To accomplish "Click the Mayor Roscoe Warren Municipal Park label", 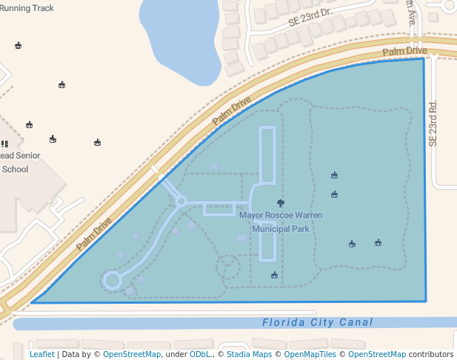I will (281, 221).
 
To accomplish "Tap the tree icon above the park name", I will (280, 202).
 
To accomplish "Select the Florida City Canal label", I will (318, 323).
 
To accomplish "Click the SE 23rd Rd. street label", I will (433, 123).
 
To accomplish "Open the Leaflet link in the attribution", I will (41, 354).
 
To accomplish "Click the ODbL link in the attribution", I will (201, 354).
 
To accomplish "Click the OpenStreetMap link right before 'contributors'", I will (377, 354).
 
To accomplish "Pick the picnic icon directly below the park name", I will (275, 276).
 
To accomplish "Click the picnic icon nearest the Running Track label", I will (18, 45).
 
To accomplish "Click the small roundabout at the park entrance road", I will (181, 201).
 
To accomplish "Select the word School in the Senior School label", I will (15, 169).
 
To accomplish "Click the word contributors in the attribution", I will (431, 354).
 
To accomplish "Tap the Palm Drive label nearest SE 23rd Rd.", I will (404, 51).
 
